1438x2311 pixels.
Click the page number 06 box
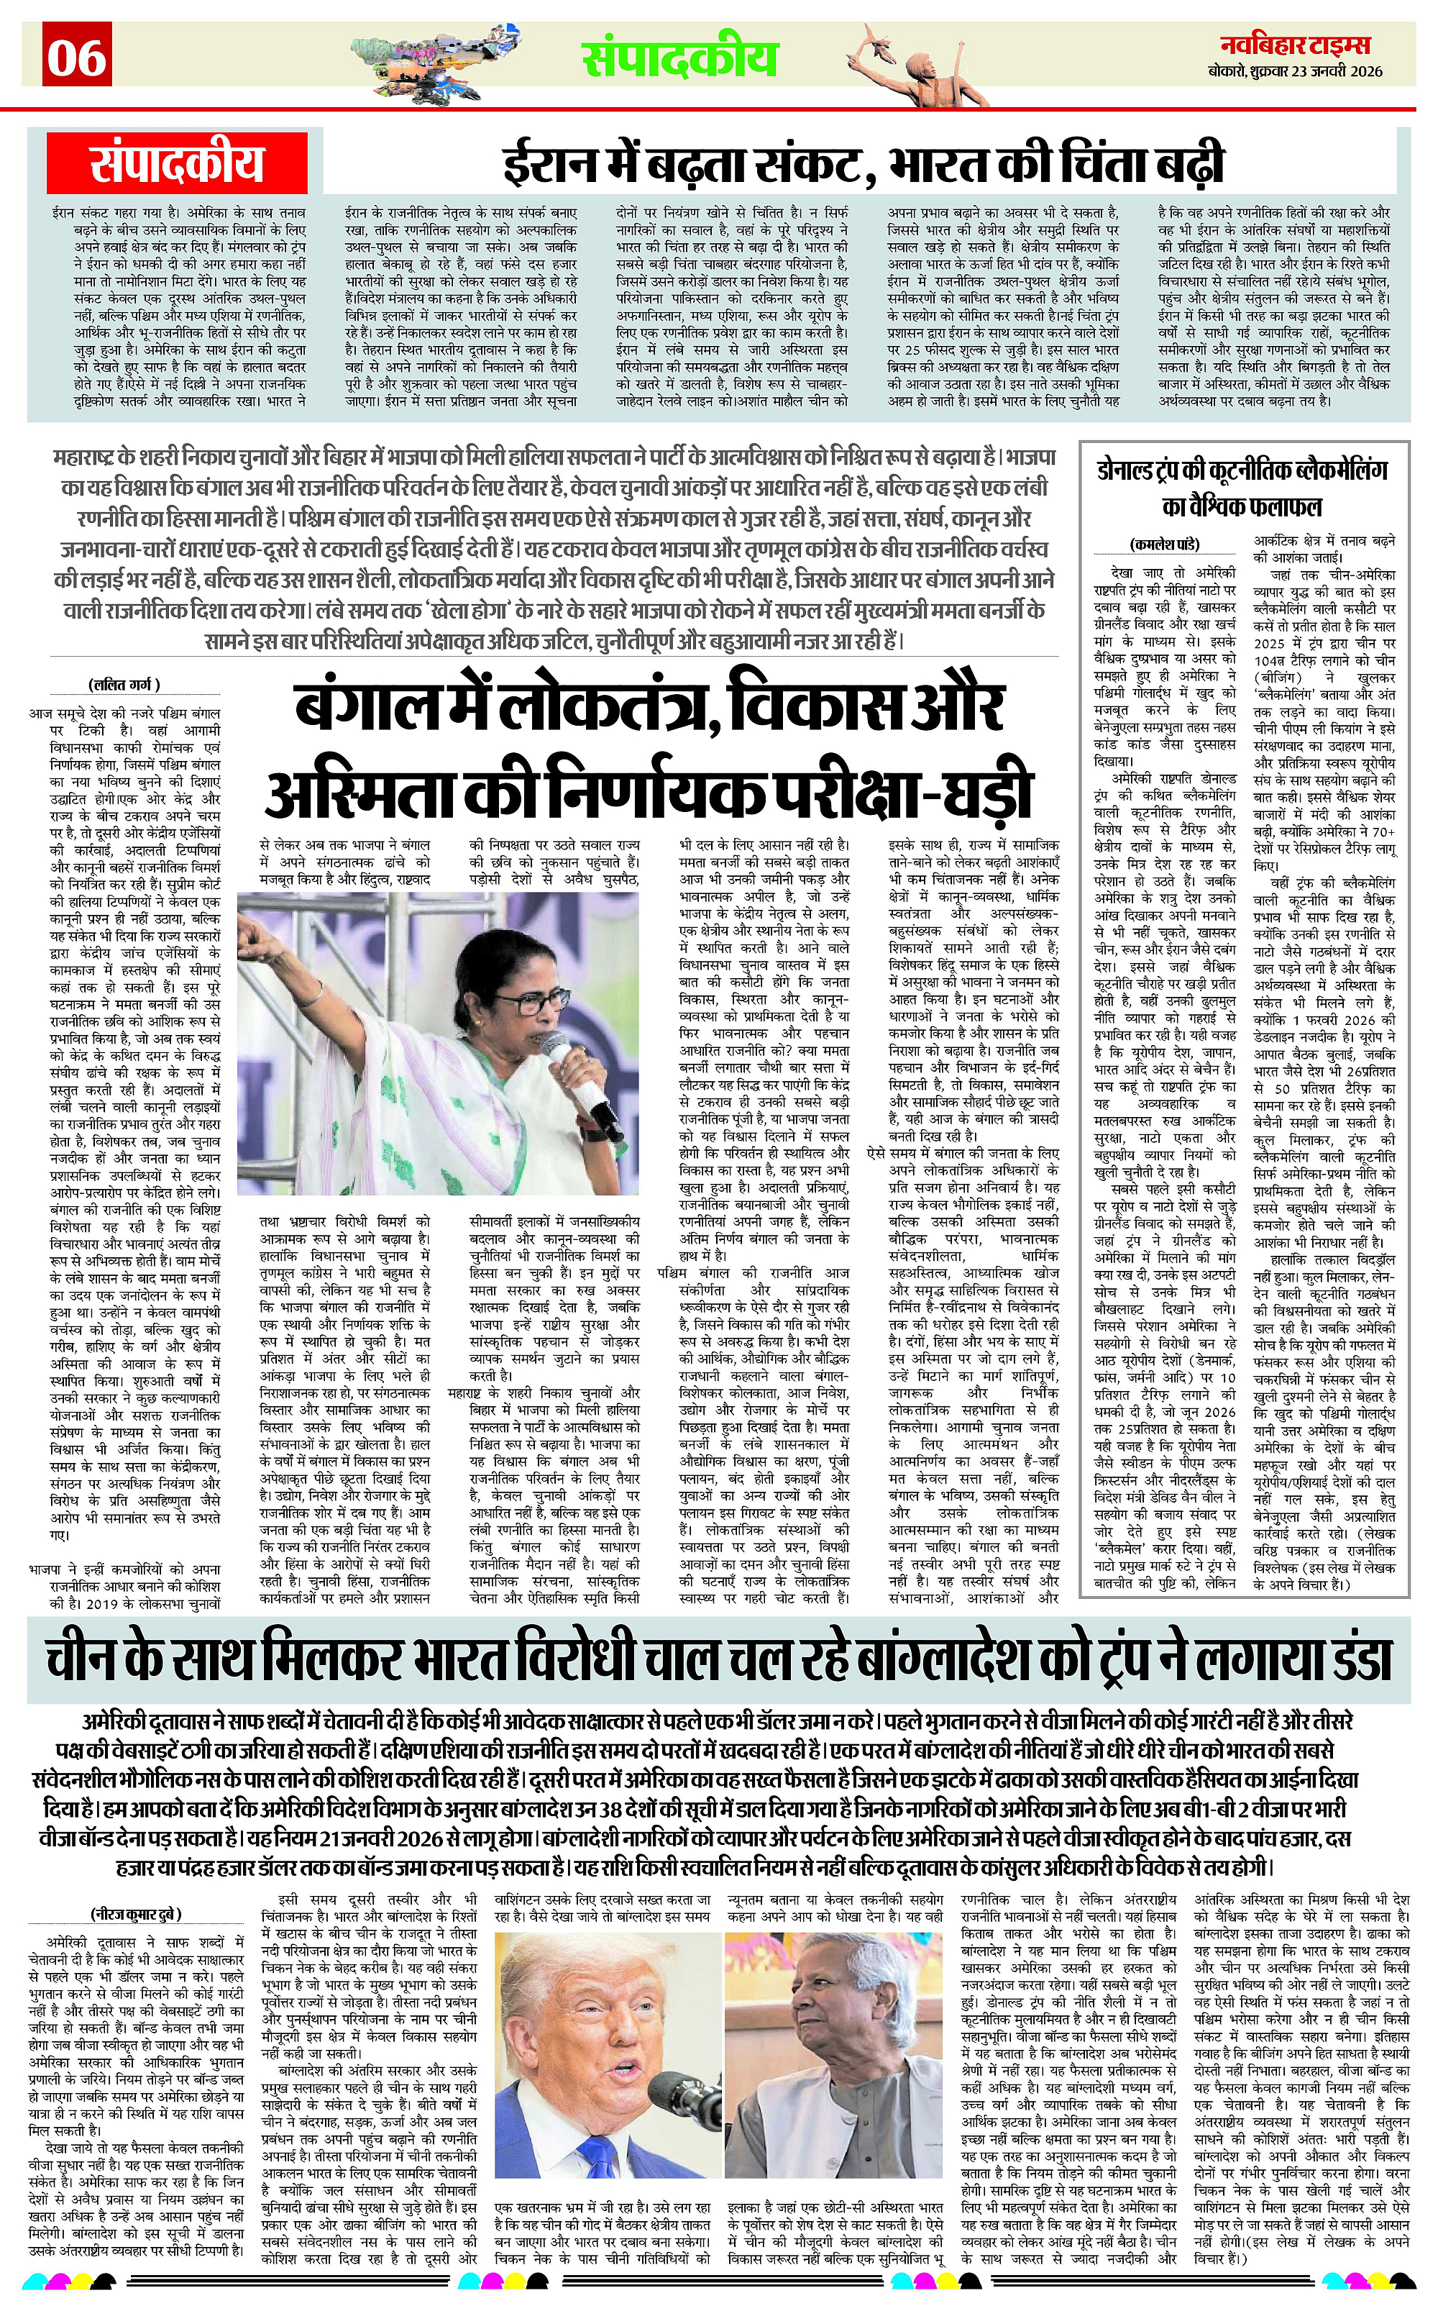coord(77,56)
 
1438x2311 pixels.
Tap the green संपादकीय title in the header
coord(680,59)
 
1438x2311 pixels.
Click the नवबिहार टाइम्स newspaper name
coord(1302,45)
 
